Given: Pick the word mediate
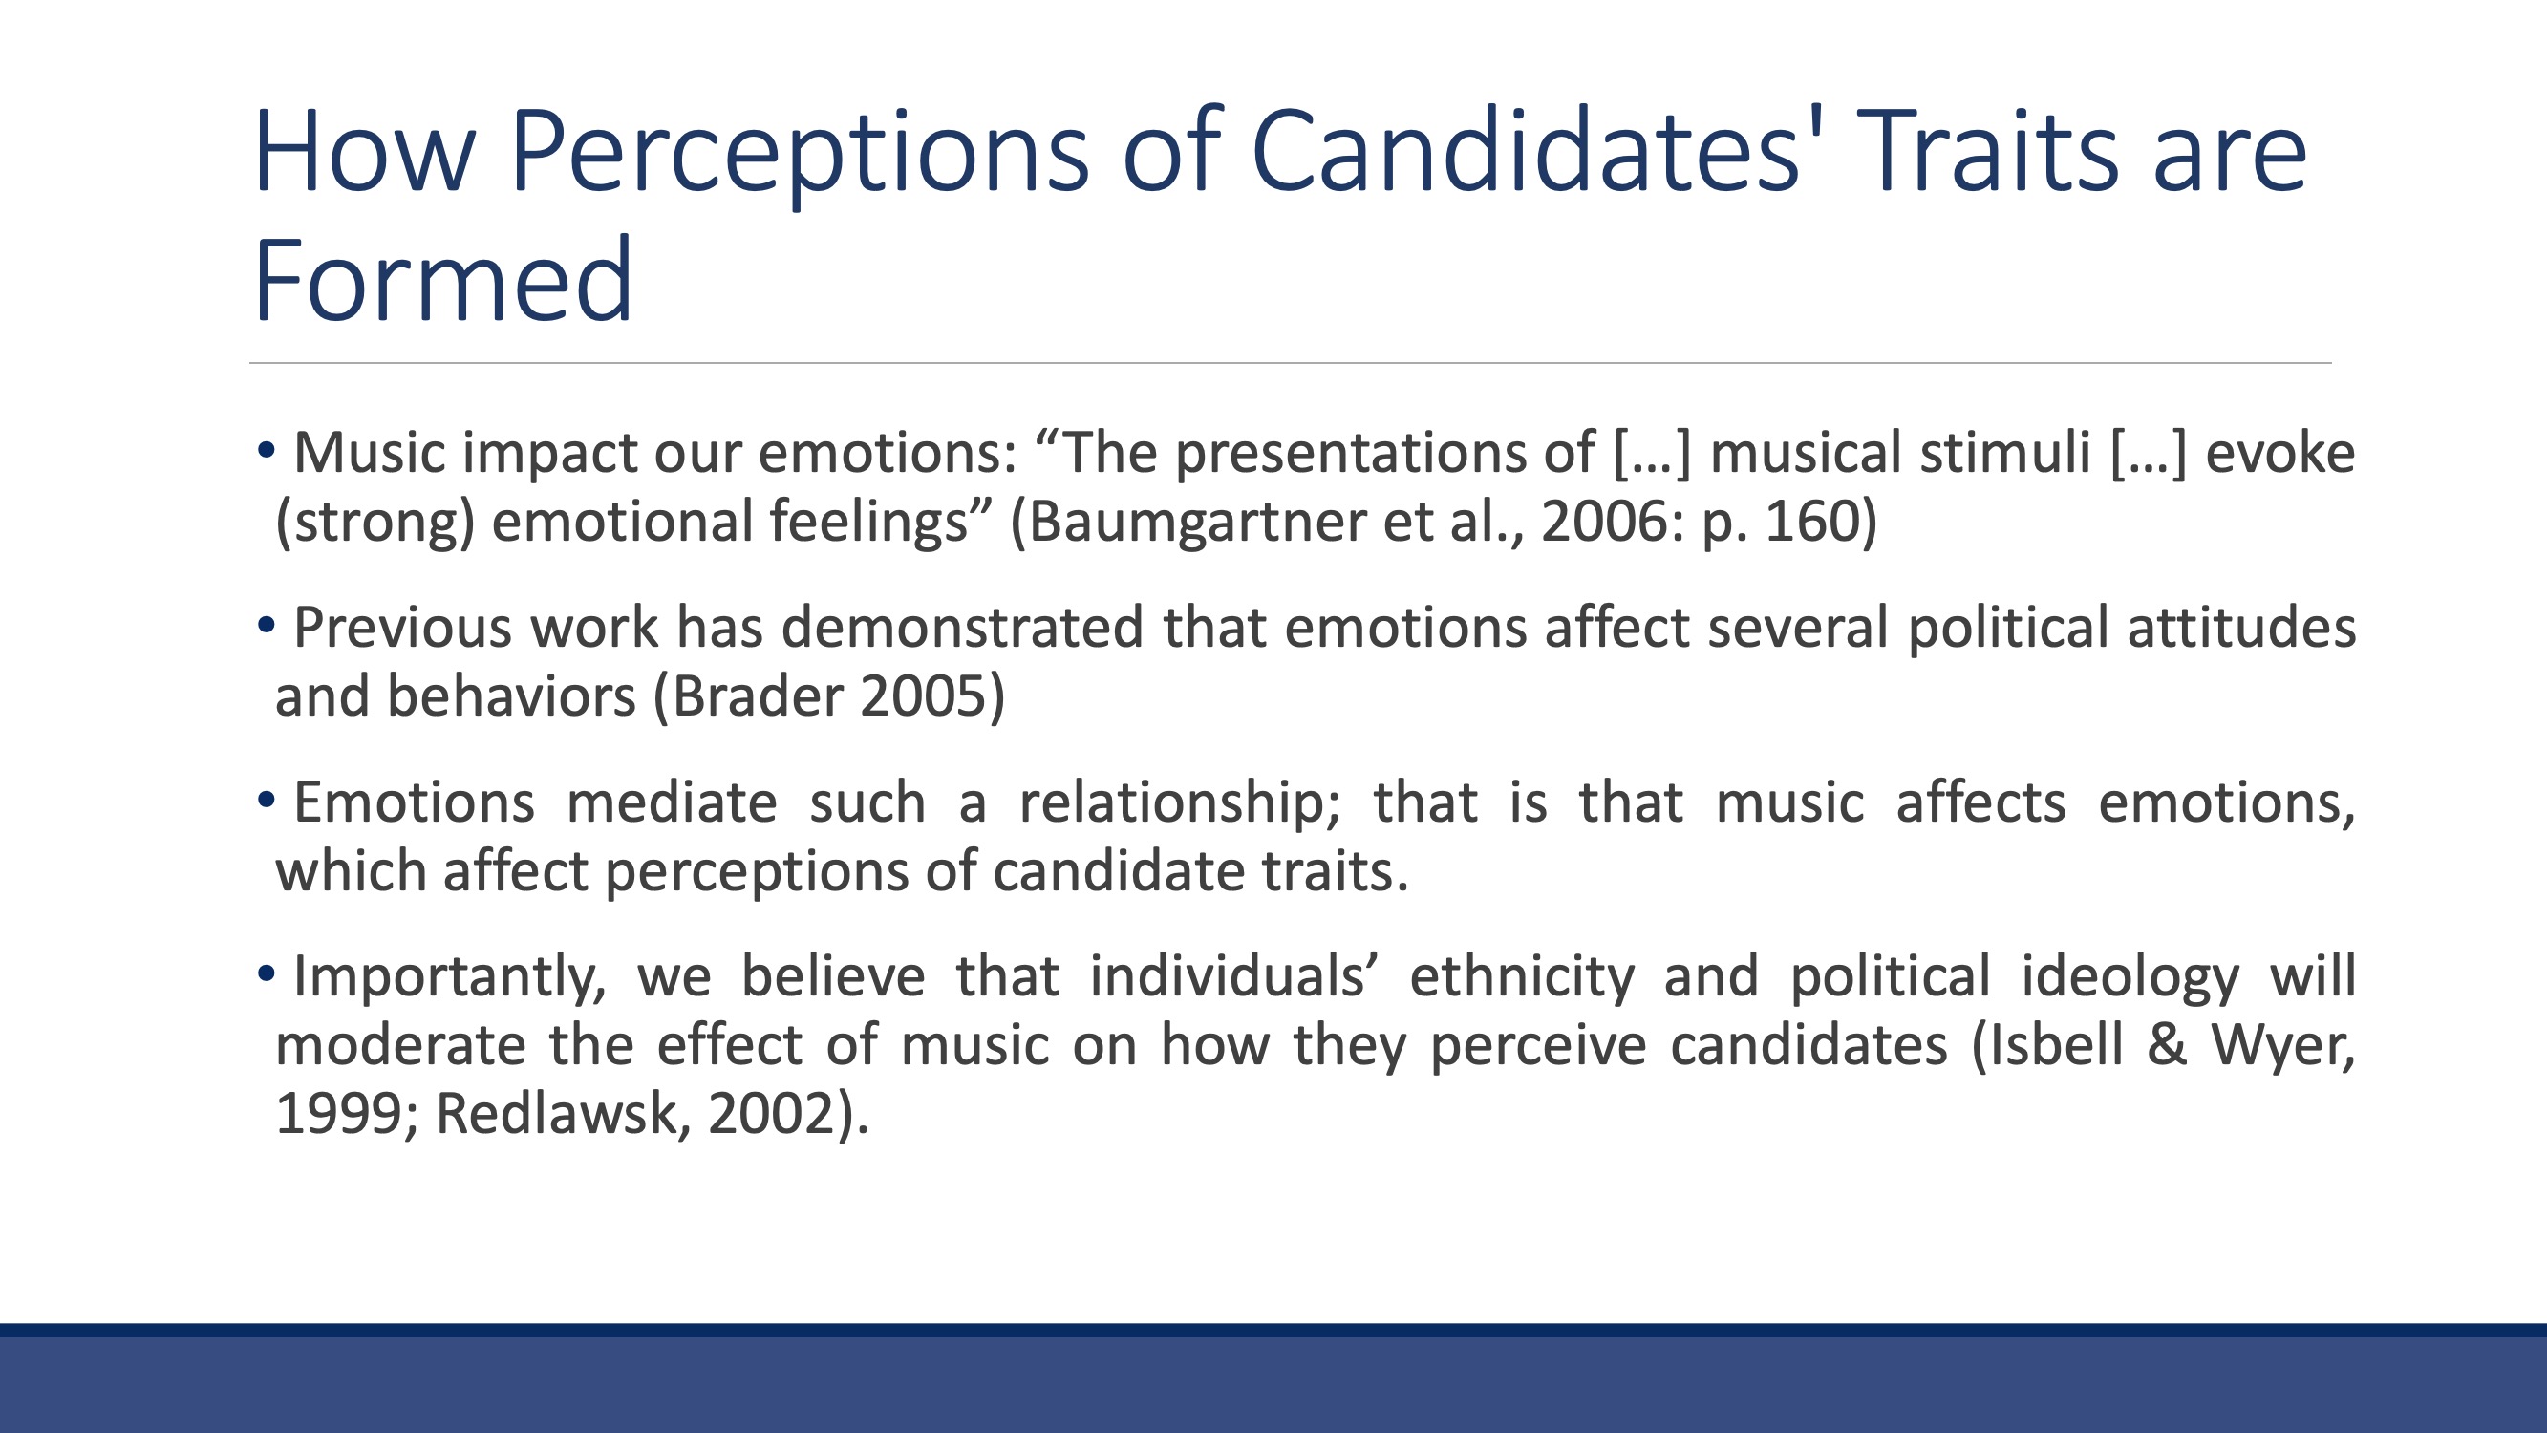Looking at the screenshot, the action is click(672, 802).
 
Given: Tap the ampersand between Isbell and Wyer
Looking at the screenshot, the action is click(2167, 1045).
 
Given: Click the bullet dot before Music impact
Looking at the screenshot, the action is click(265, 450).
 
